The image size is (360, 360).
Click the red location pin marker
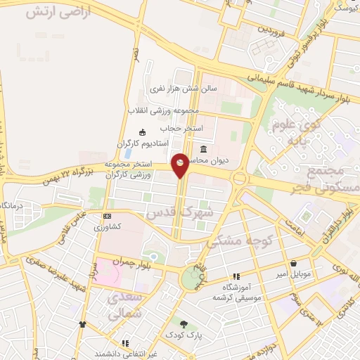point(180,165)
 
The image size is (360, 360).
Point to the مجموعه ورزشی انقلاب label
point(164,111)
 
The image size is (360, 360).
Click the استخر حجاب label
point(181,129)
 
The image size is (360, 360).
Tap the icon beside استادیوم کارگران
point(143,132)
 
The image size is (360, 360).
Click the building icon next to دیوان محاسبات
point(204,149)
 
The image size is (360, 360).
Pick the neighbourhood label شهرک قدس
point(169,212)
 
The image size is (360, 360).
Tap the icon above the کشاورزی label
point(107,216)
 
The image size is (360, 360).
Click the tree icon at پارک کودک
point(184,324)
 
